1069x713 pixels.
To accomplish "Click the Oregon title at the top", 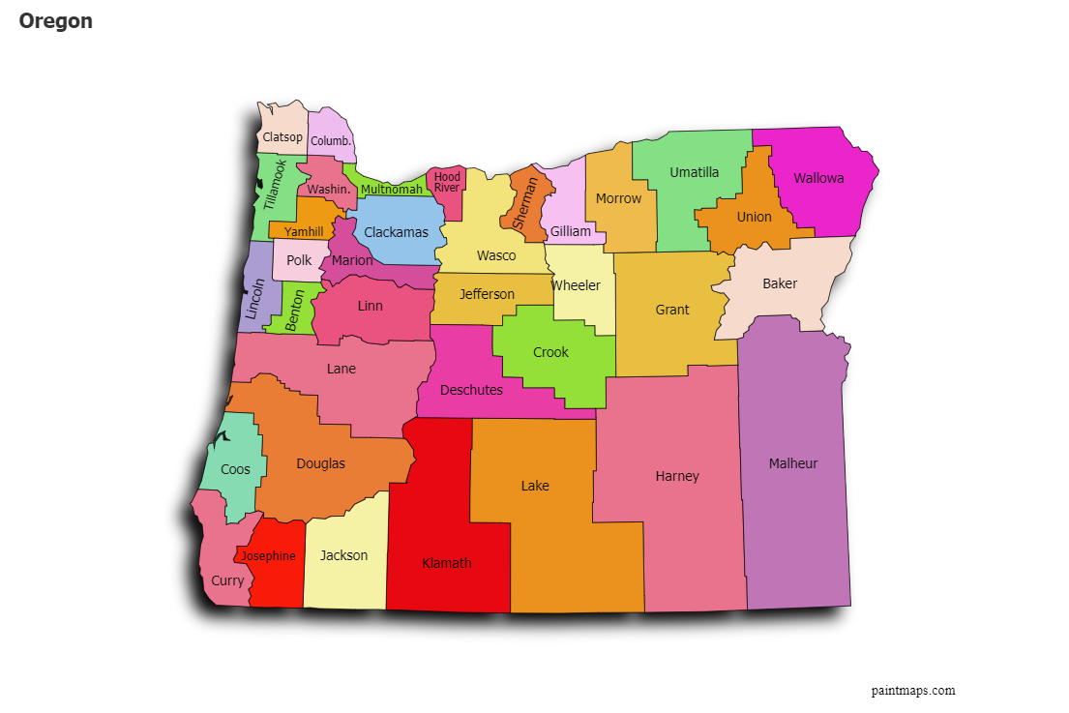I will [x=56, y=21].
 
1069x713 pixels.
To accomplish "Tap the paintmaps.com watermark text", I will [x=912, y=691].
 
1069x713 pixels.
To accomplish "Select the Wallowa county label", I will [x=818, y=178].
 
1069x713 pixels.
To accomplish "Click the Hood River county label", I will [x=447, y=182].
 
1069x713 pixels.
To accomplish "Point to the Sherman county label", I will [x=525, y=203].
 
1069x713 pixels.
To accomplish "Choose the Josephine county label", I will [x=268, y=556].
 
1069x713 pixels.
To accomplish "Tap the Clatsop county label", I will [x=282, y=137].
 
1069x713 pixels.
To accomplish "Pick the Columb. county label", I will [x=331, y=141].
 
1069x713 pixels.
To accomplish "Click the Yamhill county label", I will [x=304, y=232].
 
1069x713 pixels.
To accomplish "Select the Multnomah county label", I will [x=392, y=190].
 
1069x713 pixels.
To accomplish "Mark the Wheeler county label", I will [x=576, y=285].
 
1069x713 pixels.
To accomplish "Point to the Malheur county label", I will [x=793, y=463].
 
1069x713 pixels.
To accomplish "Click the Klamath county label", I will [x=447, y=563].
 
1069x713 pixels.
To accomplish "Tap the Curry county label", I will [x=227, y=581].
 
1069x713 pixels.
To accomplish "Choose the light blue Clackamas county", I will [x=396, y=233].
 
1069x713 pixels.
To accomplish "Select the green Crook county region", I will [x=551, y=353].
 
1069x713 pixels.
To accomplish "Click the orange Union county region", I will [x=755, y=218].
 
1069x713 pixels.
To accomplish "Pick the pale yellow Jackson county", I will [x=344, y=555].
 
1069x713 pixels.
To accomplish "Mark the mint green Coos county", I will [x=235, y=469].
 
